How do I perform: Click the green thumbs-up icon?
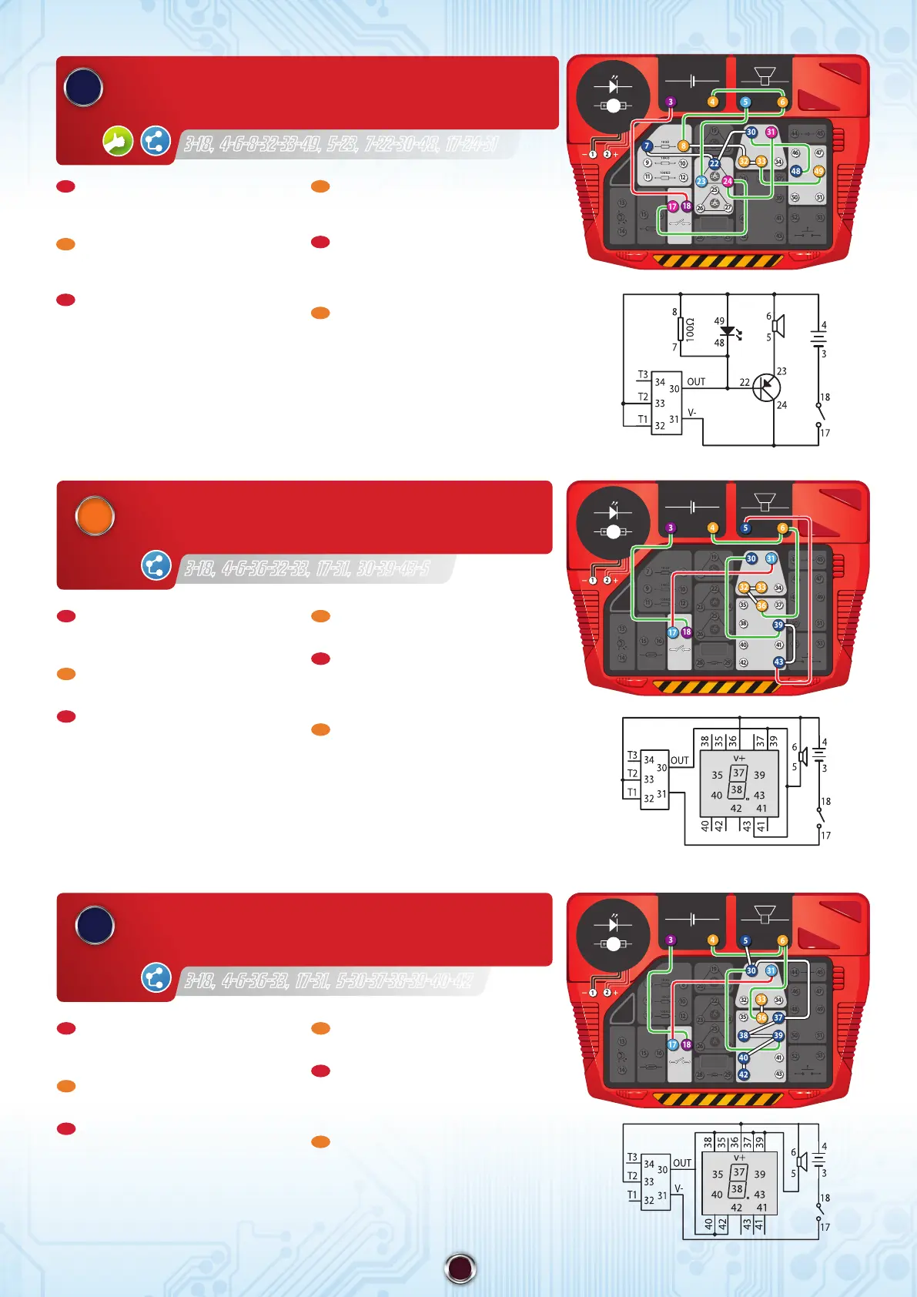pos(118,141)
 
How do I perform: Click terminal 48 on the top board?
pos(795,171)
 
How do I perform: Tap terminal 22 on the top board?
pos(714,163)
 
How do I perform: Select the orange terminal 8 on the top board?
pos(683,146)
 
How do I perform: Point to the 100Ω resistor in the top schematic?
pos(681,330)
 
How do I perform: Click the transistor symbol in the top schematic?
pos(766,387)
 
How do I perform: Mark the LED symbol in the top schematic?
pos(728,331)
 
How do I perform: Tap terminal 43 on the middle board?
pos(778,662)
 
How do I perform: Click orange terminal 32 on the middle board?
pos(743,587)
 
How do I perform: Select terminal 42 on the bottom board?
pos(743,1074)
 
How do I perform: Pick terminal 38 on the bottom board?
pos(743,1036)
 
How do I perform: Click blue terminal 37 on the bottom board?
pos(778,1017)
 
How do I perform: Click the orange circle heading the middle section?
pos(95,516)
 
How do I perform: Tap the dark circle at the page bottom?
pos(460,1268)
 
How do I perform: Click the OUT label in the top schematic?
pos(696,381)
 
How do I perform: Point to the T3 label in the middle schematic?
pos(632,756)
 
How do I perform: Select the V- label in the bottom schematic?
pos(679,1188)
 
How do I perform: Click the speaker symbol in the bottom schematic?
pos(803,1161)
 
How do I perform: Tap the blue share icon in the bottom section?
pos(156,977)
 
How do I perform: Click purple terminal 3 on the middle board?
pos(671,528)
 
